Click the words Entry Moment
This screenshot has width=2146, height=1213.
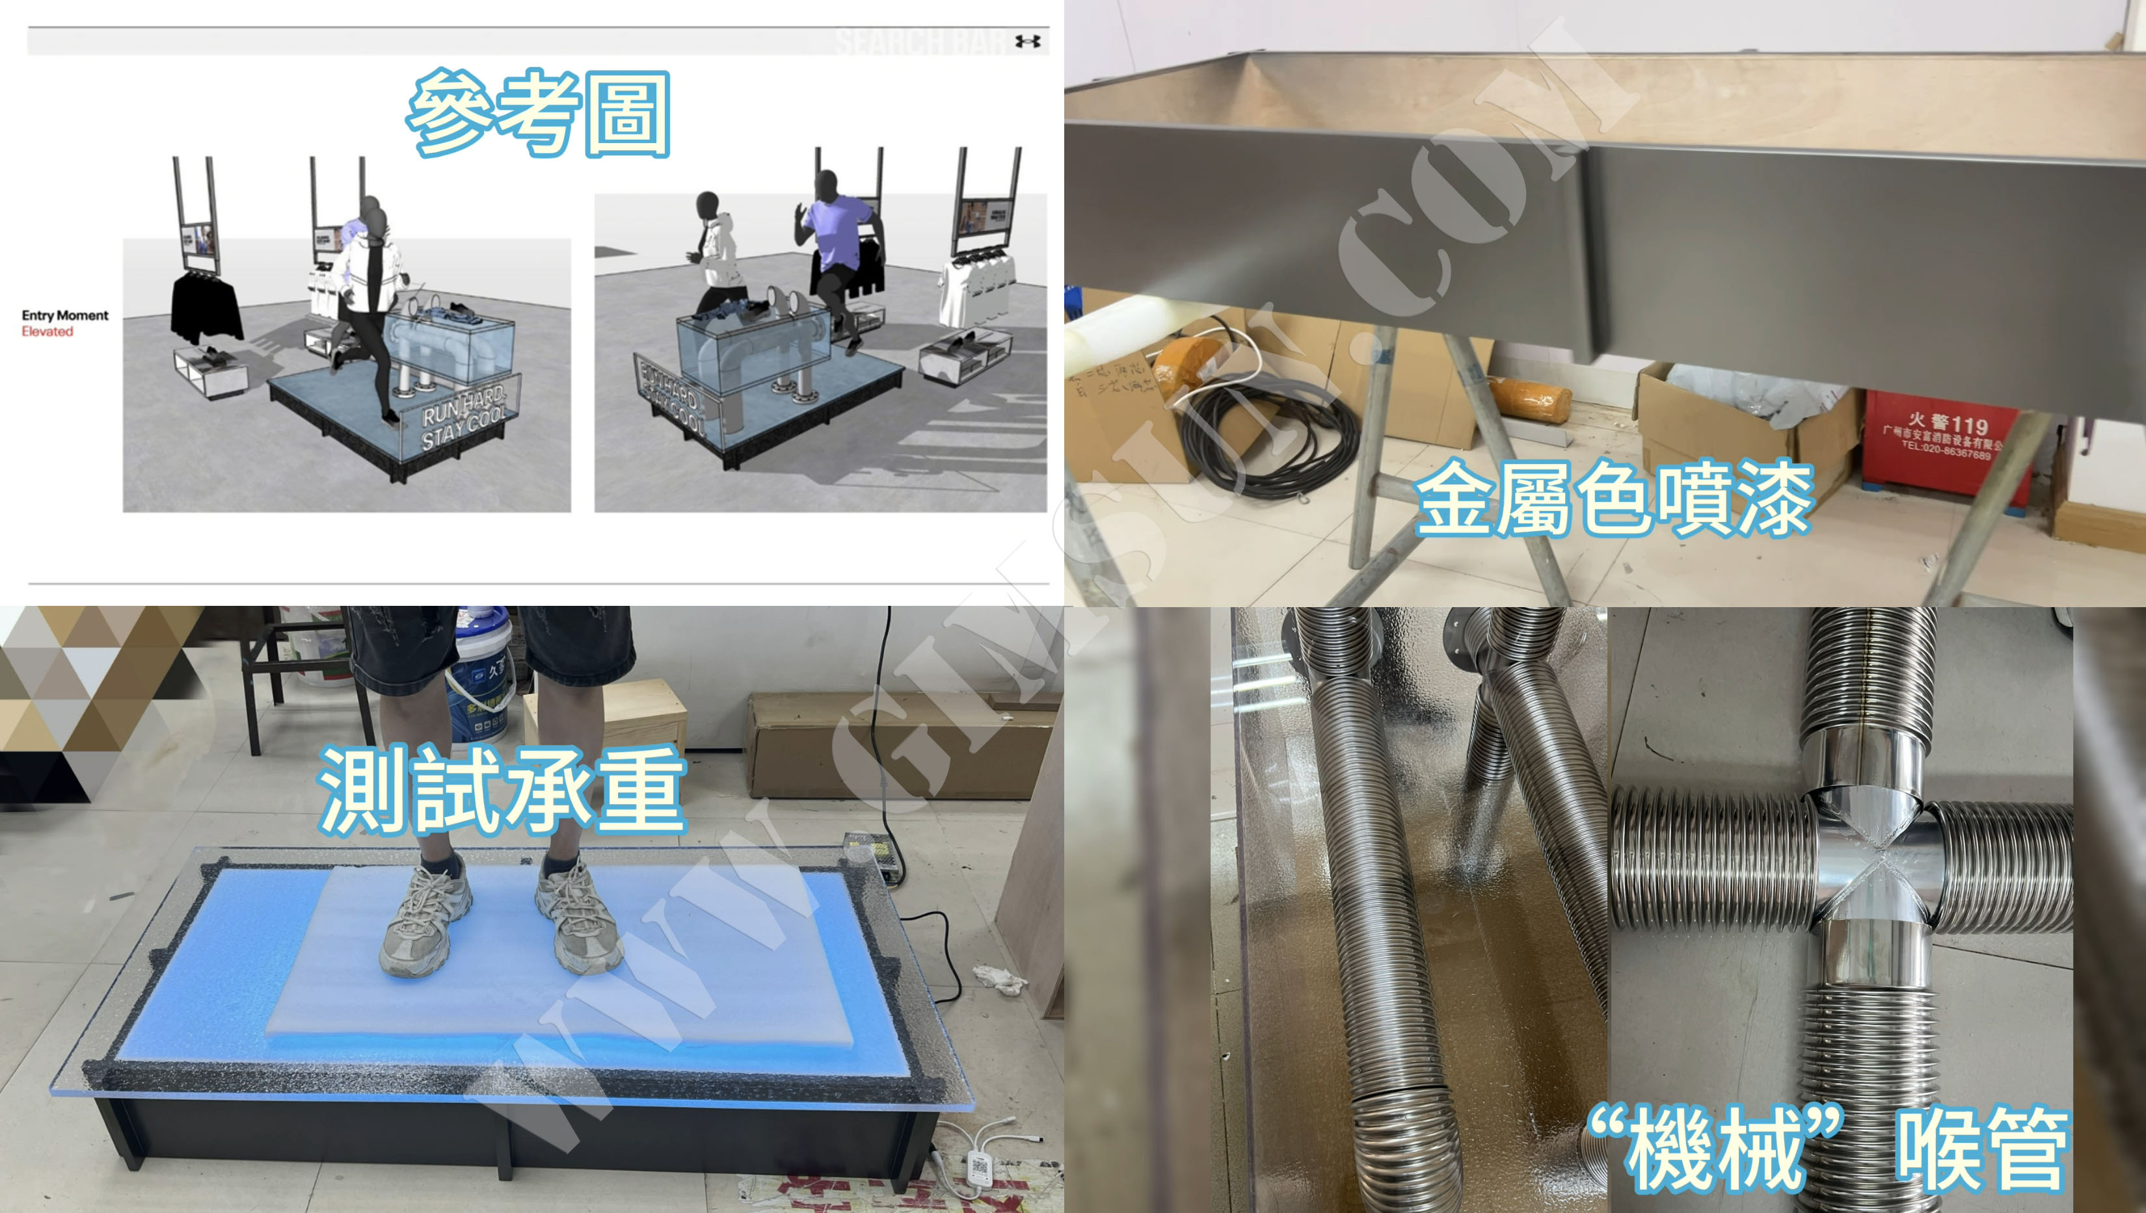coord(65,315)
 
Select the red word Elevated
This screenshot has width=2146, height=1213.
coord(47,332)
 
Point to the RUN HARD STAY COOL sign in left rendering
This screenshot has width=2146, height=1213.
coord(463,417)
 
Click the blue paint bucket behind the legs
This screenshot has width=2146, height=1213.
coord(483,679)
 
